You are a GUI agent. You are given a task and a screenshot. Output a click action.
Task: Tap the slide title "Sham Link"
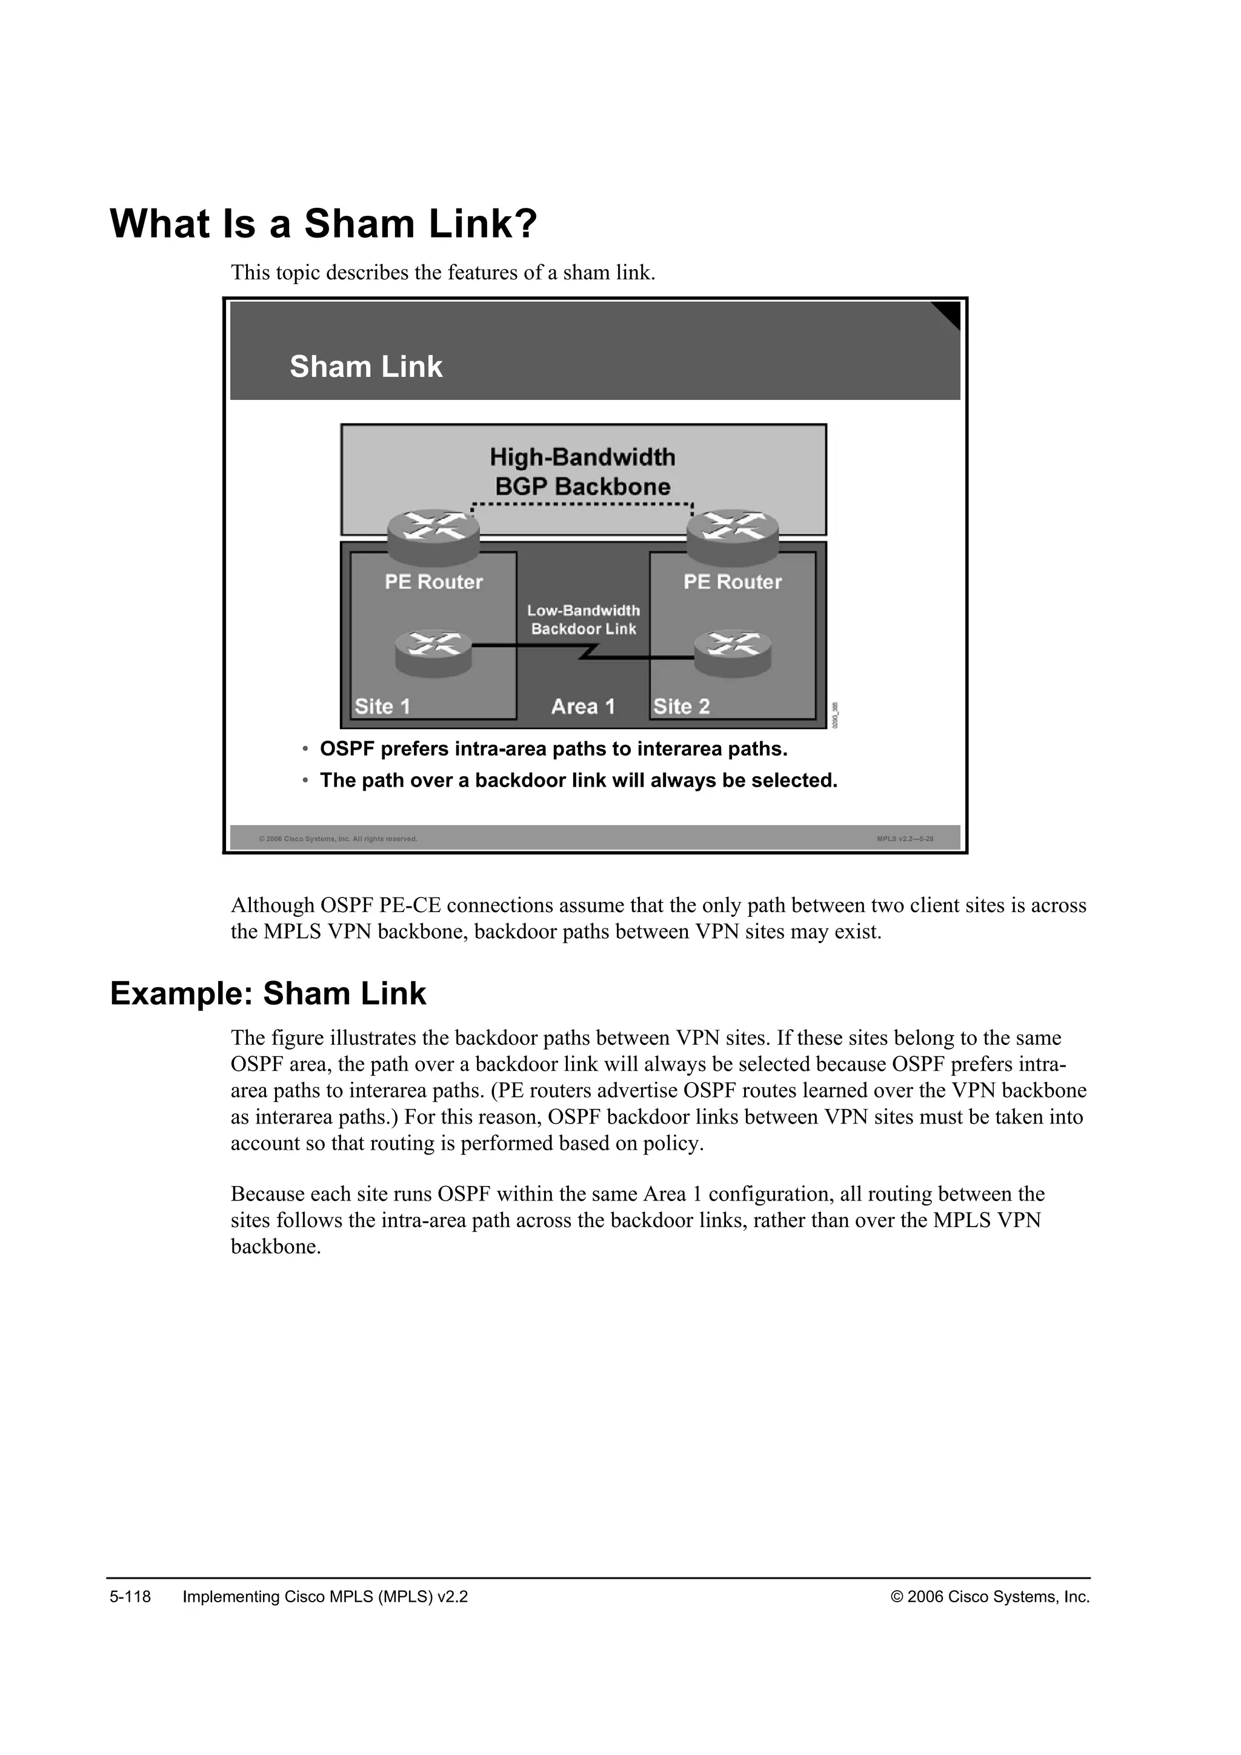(x=365, y=367)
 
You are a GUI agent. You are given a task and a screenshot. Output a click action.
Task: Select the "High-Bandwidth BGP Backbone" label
(x=582, y=471)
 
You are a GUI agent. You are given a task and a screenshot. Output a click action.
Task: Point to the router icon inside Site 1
(x=433, y=653)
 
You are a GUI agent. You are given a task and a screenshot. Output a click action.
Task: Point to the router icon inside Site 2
(x=732, y=653)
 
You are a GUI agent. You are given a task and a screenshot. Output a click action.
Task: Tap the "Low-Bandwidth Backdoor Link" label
(x=583, y=619)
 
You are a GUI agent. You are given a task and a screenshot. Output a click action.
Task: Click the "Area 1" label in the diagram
(x=582, y=706)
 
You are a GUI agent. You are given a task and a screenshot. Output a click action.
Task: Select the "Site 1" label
(x=382, y=706)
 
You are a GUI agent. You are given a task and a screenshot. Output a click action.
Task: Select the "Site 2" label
(x=681, y=706)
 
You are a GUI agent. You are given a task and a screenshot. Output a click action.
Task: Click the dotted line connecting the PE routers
(x=582, y=504)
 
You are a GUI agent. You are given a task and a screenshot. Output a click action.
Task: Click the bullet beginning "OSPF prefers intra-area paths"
(x=553, y=749)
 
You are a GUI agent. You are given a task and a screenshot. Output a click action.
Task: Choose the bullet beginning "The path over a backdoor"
(x=579, y=781)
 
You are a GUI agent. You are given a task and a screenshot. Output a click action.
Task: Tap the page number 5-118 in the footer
(x=131, y=1597)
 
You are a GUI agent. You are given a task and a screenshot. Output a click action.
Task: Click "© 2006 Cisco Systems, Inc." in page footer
(x=990, y=1597)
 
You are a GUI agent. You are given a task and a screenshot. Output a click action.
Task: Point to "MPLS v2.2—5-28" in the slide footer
(x=905, y=839)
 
